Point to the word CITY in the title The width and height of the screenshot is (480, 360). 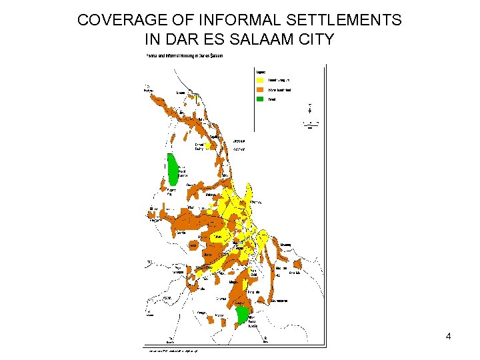coord(315,39)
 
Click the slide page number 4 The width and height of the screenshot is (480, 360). coord(449,337)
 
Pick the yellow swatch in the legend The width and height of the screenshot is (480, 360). coord(261,79)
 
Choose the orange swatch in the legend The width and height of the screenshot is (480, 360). coord(261,89)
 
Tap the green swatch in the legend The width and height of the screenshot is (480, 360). coord(261,99)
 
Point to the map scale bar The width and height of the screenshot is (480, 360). coord(310,124)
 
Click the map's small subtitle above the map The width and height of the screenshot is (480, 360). coord(185,56)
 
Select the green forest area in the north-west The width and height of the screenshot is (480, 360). coord(173,169)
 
